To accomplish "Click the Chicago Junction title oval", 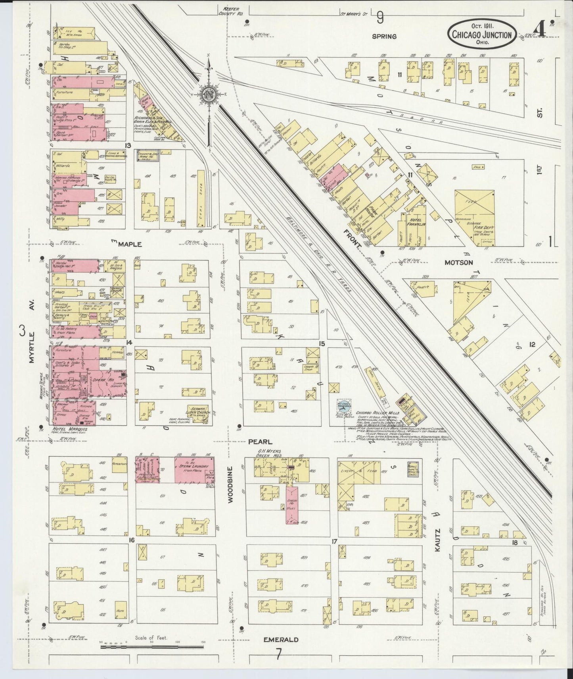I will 482,35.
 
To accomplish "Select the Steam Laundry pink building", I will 194,470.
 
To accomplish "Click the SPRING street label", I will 384,36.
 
